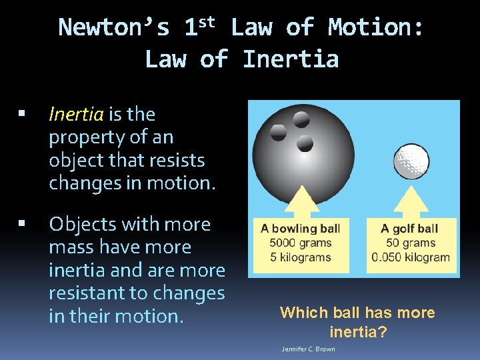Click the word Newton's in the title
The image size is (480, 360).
(114, 28)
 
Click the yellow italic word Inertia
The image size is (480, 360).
(76, 115)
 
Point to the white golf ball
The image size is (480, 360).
(411, 161)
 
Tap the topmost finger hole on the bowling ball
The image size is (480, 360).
(301, 119)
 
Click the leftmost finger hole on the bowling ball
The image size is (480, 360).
(279, 131)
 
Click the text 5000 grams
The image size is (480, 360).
(300, 243)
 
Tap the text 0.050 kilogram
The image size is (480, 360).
(411, 257)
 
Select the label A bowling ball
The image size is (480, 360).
(300, 229)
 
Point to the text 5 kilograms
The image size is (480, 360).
(300, 257)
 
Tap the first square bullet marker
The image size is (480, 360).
(23, 115)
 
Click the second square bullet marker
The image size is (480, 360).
(23, 225)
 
